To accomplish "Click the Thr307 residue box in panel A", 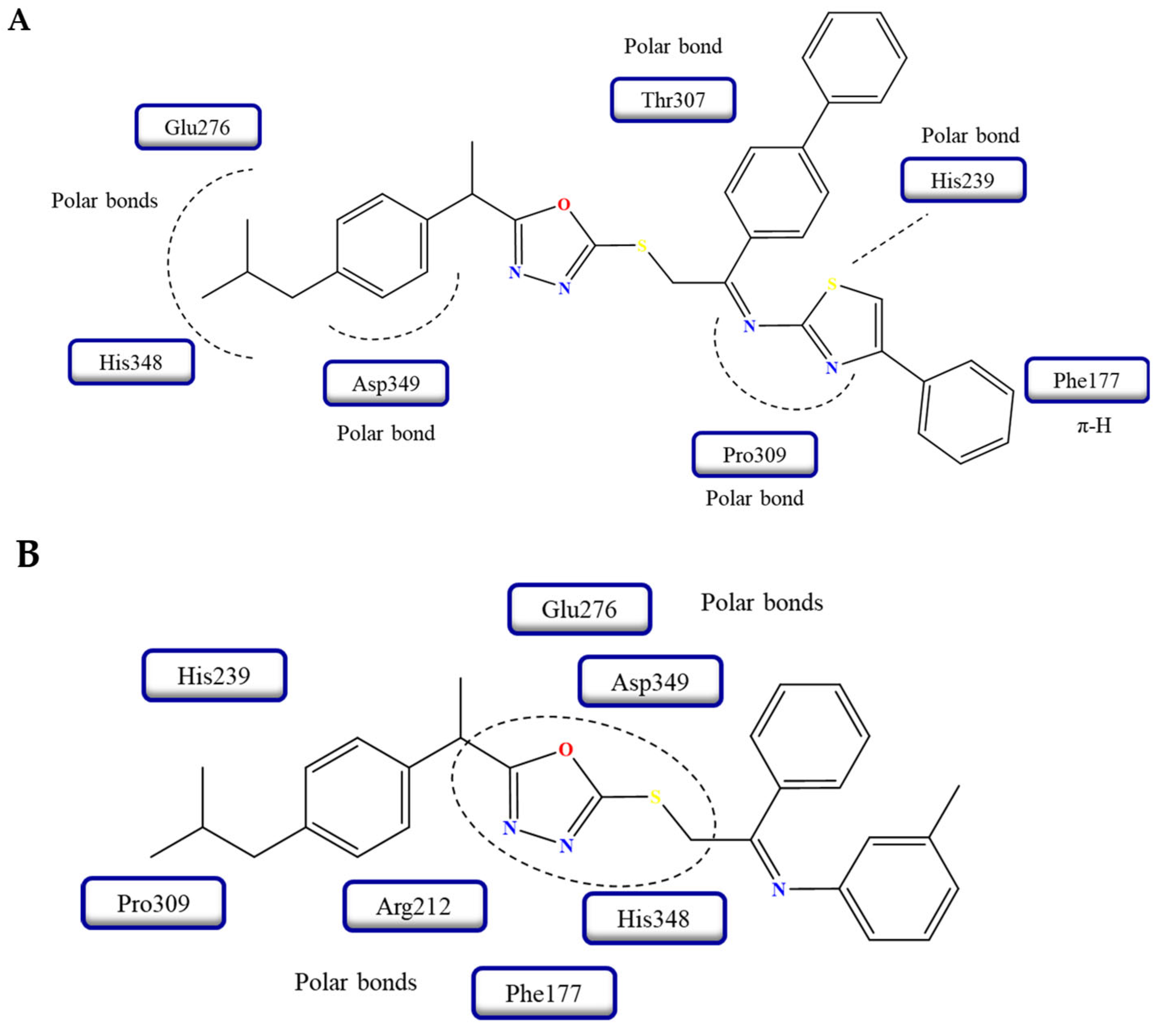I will (672, 100).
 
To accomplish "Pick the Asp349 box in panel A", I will (386, 383).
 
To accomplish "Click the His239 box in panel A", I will (962, 180).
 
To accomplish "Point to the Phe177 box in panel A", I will (1086, 380).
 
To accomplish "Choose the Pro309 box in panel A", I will (754, 455).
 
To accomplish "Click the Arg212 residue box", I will (414, 906).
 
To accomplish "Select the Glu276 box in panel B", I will (579, 609).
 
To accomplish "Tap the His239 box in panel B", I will (214, 675).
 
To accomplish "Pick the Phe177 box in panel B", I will (544, 993).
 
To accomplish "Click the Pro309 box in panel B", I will (153, 903).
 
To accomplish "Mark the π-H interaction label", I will (1094, 425).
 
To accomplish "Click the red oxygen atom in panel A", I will (564, 205).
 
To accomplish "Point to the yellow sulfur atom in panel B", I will (655, 797).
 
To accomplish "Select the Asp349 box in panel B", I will (650, 682).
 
